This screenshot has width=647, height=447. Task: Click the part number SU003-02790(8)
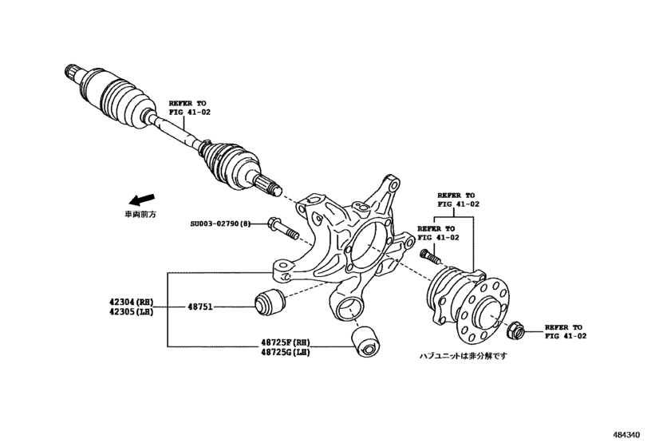(x=219, y=224)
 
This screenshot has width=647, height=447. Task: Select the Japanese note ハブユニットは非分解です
(x=464, y=356)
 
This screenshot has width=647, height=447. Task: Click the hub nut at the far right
(x=515, y=327)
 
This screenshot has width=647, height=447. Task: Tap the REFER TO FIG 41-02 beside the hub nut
(x=565, y=332)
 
